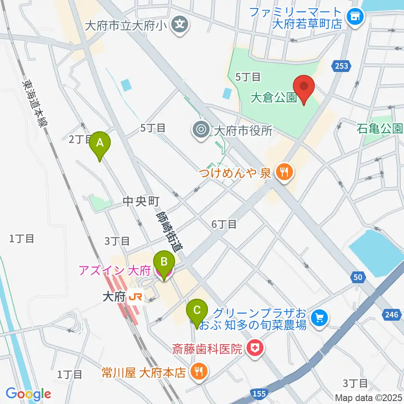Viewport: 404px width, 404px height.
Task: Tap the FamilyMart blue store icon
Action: click(x=355, y=17)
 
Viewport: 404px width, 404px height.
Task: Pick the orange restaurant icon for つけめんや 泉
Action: click(x=284, y=173)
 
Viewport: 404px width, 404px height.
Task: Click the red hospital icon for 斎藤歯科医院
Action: click(x=254, y=348)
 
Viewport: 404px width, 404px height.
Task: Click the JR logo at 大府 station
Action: click(x=136, y=297)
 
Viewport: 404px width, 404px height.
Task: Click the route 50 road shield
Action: click(x=357, y=277)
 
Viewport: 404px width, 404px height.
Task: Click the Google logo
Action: click(x=28, y=394)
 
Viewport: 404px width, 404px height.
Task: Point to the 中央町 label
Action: click(x=140, y=202)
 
